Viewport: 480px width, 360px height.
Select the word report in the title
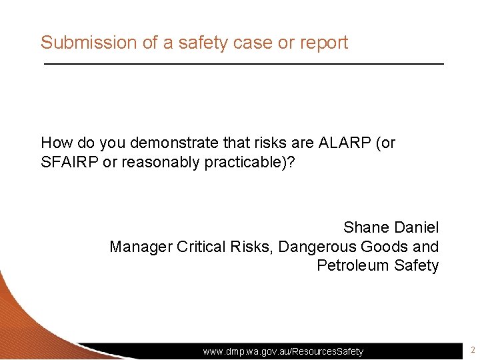pos(323,43)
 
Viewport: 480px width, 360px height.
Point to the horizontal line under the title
pos(243,63)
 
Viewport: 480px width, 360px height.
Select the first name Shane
pos(367,227)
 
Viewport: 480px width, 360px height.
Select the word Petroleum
pos(353,265)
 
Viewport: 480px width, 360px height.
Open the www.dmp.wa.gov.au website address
pos(283,351)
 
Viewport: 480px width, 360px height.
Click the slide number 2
pos(472,350)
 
